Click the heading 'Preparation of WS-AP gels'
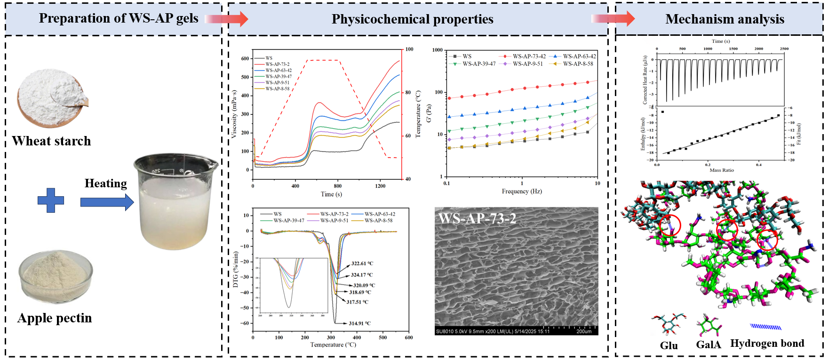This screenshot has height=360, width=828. tap(119, 18)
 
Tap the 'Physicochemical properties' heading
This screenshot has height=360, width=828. tap(412, 19)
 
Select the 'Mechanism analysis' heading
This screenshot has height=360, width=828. tap(724, 19)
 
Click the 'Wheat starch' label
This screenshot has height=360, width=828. tap(51, 141)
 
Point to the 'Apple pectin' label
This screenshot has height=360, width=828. tap(55, 318)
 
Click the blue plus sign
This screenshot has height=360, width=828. tap(51, 200)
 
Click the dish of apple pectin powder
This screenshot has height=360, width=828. tap(56, 276)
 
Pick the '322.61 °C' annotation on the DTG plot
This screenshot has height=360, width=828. tap(362, 264)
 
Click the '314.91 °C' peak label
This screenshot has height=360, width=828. tap(359, 323)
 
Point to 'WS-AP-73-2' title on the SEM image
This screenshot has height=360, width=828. tap(477, 218)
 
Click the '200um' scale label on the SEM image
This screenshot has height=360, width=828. tap(584, 331)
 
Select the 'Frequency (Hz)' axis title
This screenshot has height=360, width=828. tap(522, 191)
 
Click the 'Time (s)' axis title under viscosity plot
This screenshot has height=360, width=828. tap(331, 194)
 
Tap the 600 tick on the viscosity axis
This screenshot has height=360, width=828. tap(245, 58)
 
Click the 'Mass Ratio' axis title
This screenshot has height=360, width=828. tap(721, 170)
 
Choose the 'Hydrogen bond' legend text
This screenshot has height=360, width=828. tap(767, 344)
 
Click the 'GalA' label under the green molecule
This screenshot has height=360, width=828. tap(708, 345)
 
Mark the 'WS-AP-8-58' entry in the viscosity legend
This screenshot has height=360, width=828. tap(277, 88)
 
